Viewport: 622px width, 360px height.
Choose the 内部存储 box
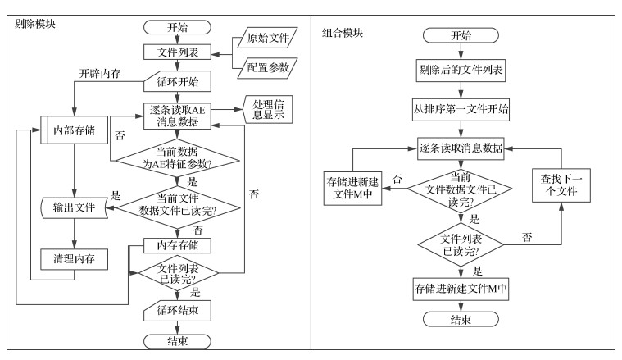75,130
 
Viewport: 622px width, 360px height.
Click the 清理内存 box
75,259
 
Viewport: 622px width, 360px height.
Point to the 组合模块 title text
343,34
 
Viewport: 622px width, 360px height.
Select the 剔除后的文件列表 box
460,71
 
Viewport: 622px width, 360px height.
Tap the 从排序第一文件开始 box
460,109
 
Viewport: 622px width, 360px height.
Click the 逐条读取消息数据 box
460,148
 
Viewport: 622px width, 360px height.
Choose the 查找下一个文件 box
561,186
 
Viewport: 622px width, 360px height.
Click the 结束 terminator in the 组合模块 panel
460,319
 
